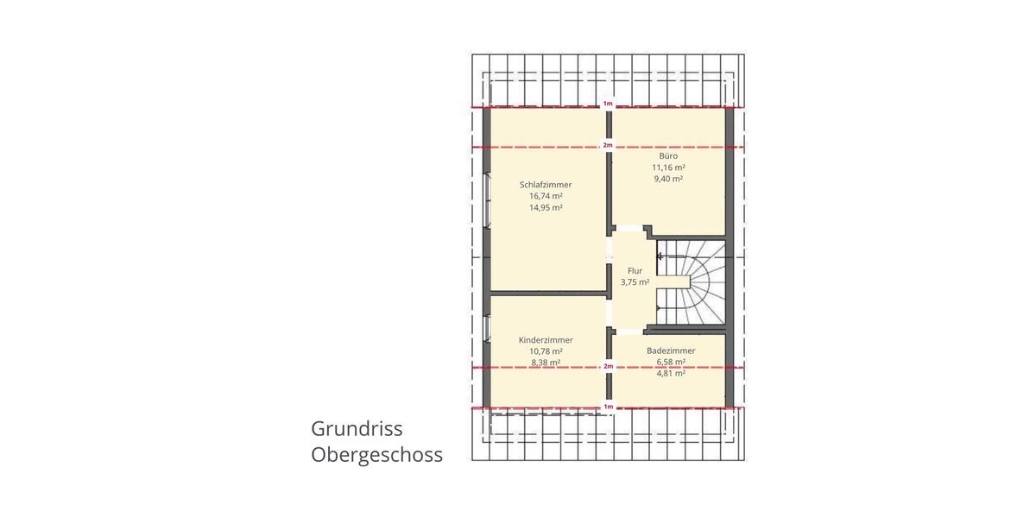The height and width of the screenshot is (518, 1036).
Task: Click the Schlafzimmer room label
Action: (546, 185)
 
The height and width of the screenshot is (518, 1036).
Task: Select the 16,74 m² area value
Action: (546, 196)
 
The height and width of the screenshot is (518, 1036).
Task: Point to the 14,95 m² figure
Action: (546, 208)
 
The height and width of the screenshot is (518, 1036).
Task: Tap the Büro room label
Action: (668, 155)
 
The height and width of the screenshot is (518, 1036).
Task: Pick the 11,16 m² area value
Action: (668, 167)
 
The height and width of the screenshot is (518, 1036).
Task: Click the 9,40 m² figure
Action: (668, 179)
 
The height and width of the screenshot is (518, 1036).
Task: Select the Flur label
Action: (635, 270)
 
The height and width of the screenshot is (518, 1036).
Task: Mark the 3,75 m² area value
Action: (635, 281)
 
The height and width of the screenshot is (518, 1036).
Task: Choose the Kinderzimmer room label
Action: (546, 340)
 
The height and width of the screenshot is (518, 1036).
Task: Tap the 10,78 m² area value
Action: (546, 351)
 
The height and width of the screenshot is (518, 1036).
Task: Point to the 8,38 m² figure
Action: (546, 363)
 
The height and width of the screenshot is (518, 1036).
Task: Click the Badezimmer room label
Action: (671, 351)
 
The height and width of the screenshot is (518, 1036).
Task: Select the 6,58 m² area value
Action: (671, 362)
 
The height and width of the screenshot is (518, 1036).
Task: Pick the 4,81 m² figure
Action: (671, 374)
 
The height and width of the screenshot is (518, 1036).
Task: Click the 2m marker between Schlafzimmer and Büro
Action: (608, 145)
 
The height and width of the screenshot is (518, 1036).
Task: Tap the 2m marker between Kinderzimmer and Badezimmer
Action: (608, 367)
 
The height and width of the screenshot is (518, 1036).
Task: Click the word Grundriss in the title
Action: (357, 429)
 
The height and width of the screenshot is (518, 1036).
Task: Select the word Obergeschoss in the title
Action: (376, 455)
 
